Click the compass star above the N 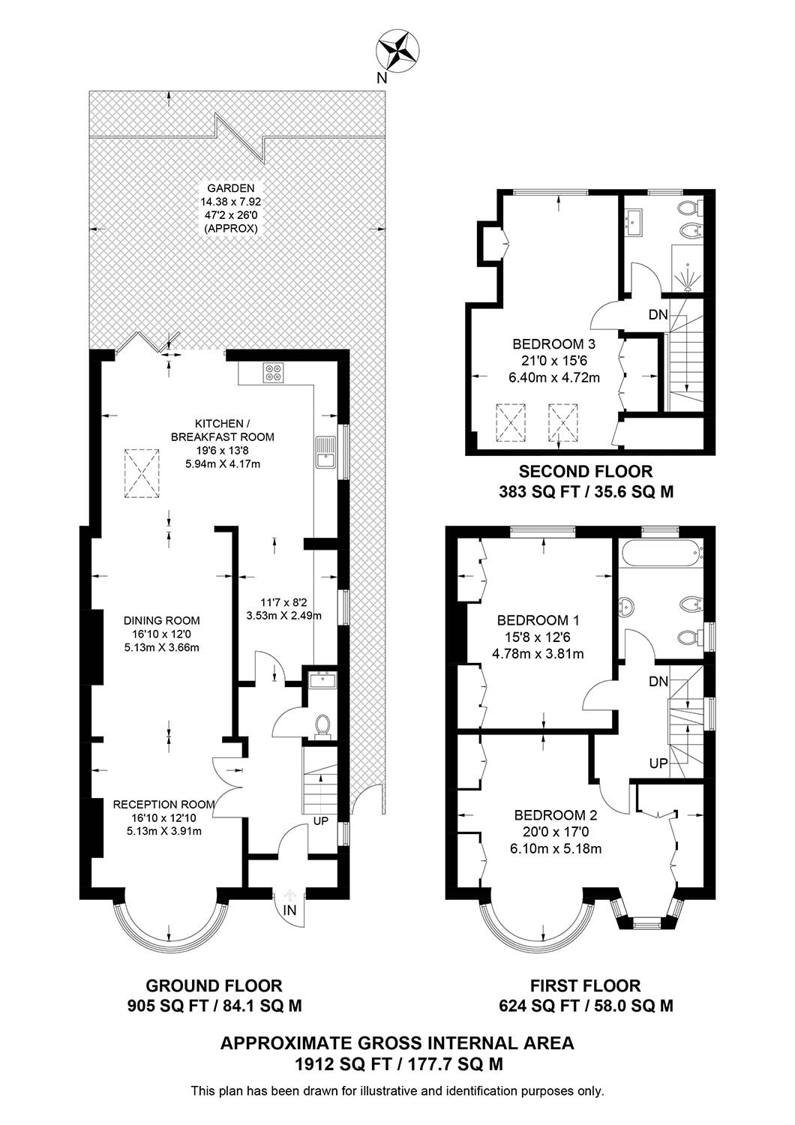point(397,51)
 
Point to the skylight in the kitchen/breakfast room point(141,473)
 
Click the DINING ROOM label point(162,621)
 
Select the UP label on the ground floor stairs point(320,821)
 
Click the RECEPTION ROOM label point(163,804)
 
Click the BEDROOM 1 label point(537,620)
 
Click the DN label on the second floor point(658,315)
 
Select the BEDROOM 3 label point(554,344)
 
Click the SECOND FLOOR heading point(586,472)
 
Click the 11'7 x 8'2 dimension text point(284,601)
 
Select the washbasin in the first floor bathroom point(627,607)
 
